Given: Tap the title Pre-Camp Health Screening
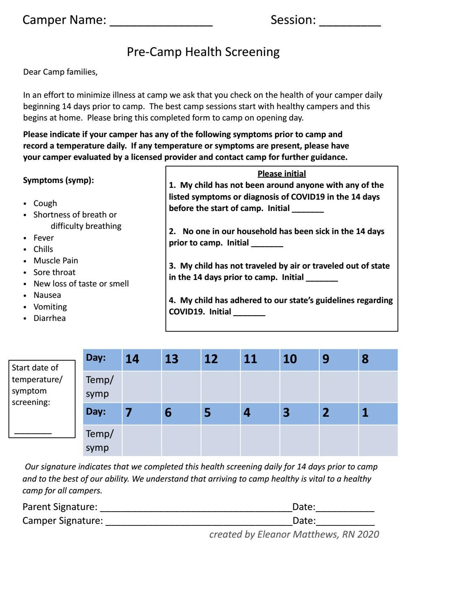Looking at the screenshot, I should coord(203,52).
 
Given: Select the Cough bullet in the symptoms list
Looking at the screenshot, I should coord(45,203).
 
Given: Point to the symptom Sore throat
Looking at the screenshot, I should coord(54,272).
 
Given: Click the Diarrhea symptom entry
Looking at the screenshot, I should coord(49,318).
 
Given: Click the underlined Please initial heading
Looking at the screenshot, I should coord(282,174).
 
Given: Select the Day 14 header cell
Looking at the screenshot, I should coord(141,359).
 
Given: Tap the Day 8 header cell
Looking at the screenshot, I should coord(378,359).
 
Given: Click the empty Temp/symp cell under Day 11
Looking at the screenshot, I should coord(260,386).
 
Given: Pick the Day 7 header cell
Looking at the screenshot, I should coord(141,413).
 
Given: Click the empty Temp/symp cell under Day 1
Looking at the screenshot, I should coord(378,440).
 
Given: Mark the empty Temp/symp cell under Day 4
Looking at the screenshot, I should coord(260,440).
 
